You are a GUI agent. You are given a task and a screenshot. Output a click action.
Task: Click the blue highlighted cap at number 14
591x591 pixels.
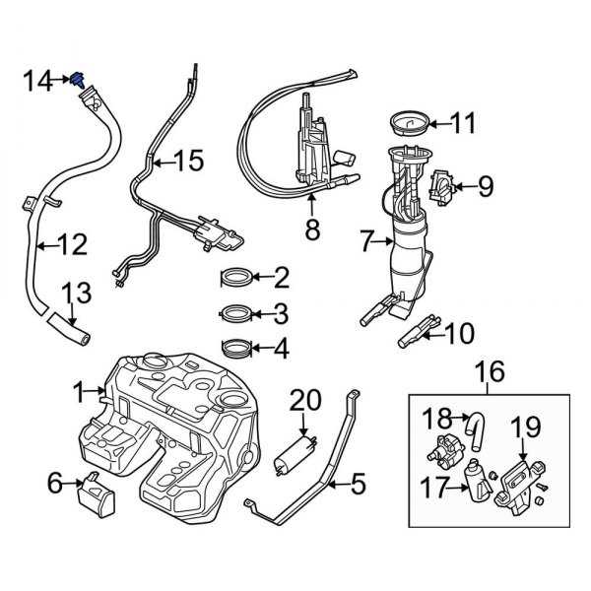78,78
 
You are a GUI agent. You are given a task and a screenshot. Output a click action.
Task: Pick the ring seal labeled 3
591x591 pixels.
237,314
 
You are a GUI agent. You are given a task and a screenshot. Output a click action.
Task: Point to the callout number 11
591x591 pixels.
462,123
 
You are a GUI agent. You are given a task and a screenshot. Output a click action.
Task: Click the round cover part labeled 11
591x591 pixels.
404,123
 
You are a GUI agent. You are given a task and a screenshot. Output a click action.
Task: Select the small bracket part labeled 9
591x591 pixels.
444,187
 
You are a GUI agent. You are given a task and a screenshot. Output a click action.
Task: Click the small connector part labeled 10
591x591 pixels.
414,335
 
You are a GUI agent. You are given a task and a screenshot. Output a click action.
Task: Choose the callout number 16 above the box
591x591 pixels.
491,372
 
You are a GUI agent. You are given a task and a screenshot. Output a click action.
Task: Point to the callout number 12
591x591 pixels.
74,243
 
